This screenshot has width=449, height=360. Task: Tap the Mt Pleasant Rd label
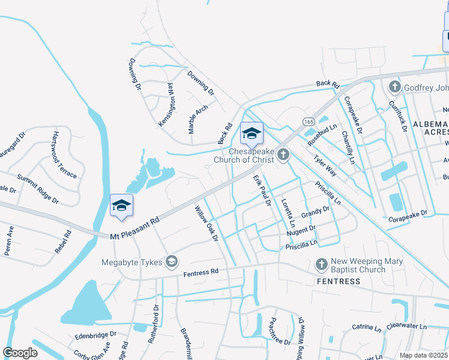pos(134,228)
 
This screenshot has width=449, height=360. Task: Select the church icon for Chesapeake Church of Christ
pos(283,156)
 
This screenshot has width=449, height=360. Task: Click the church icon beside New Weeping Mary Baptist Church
pos(321,264)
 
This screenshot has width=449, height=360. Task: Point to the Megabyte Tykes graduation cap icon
pos(172,261)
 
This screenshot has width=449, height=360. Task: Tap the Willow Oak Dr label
pos(206,224)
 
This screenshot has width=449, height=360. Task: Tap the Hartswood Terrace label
pos(65,154)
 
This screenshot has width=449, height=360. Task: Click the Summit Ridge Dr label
pos(38,189)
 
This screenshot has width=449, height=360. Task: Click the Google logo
pos(20,352)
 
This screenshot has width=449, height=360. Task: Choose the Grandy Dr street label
pos(316,212)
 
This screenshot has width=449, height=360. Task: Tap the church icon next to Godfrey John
pos(394,88)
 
